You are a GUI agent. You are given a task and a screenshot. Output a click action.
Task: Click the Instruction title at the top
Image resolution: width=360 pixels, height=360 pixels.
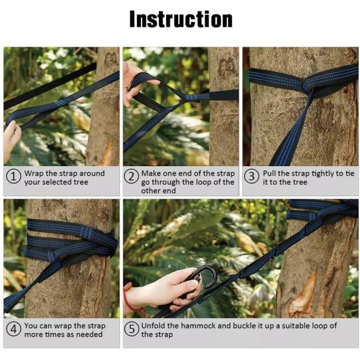181,19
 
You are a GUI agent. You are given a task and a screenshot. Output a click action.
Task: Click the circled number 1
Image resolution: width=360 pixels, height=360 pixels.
14,178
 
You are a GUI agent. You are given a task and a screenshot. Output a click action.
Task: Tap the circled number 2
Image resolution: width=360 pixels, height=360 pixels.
131,178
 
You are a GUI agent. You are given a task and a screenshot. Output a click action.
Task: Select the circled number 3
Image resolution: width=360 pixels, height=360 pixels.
253,178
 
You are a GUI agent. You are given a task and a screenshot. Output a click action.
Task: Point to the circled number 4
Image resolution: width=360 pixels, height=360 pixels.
14,330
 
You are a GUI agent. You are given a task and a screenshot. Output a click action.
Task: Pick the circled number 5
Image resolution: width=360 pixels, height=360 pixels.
131,330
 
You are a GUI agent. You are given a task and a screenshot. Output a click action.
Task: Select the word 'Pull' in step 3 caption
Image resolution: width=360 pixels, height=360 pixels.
271,173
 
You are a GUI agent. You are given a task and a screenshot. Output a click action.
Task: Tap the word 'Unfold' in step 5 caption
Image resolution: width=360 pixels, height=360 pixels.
155,326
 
